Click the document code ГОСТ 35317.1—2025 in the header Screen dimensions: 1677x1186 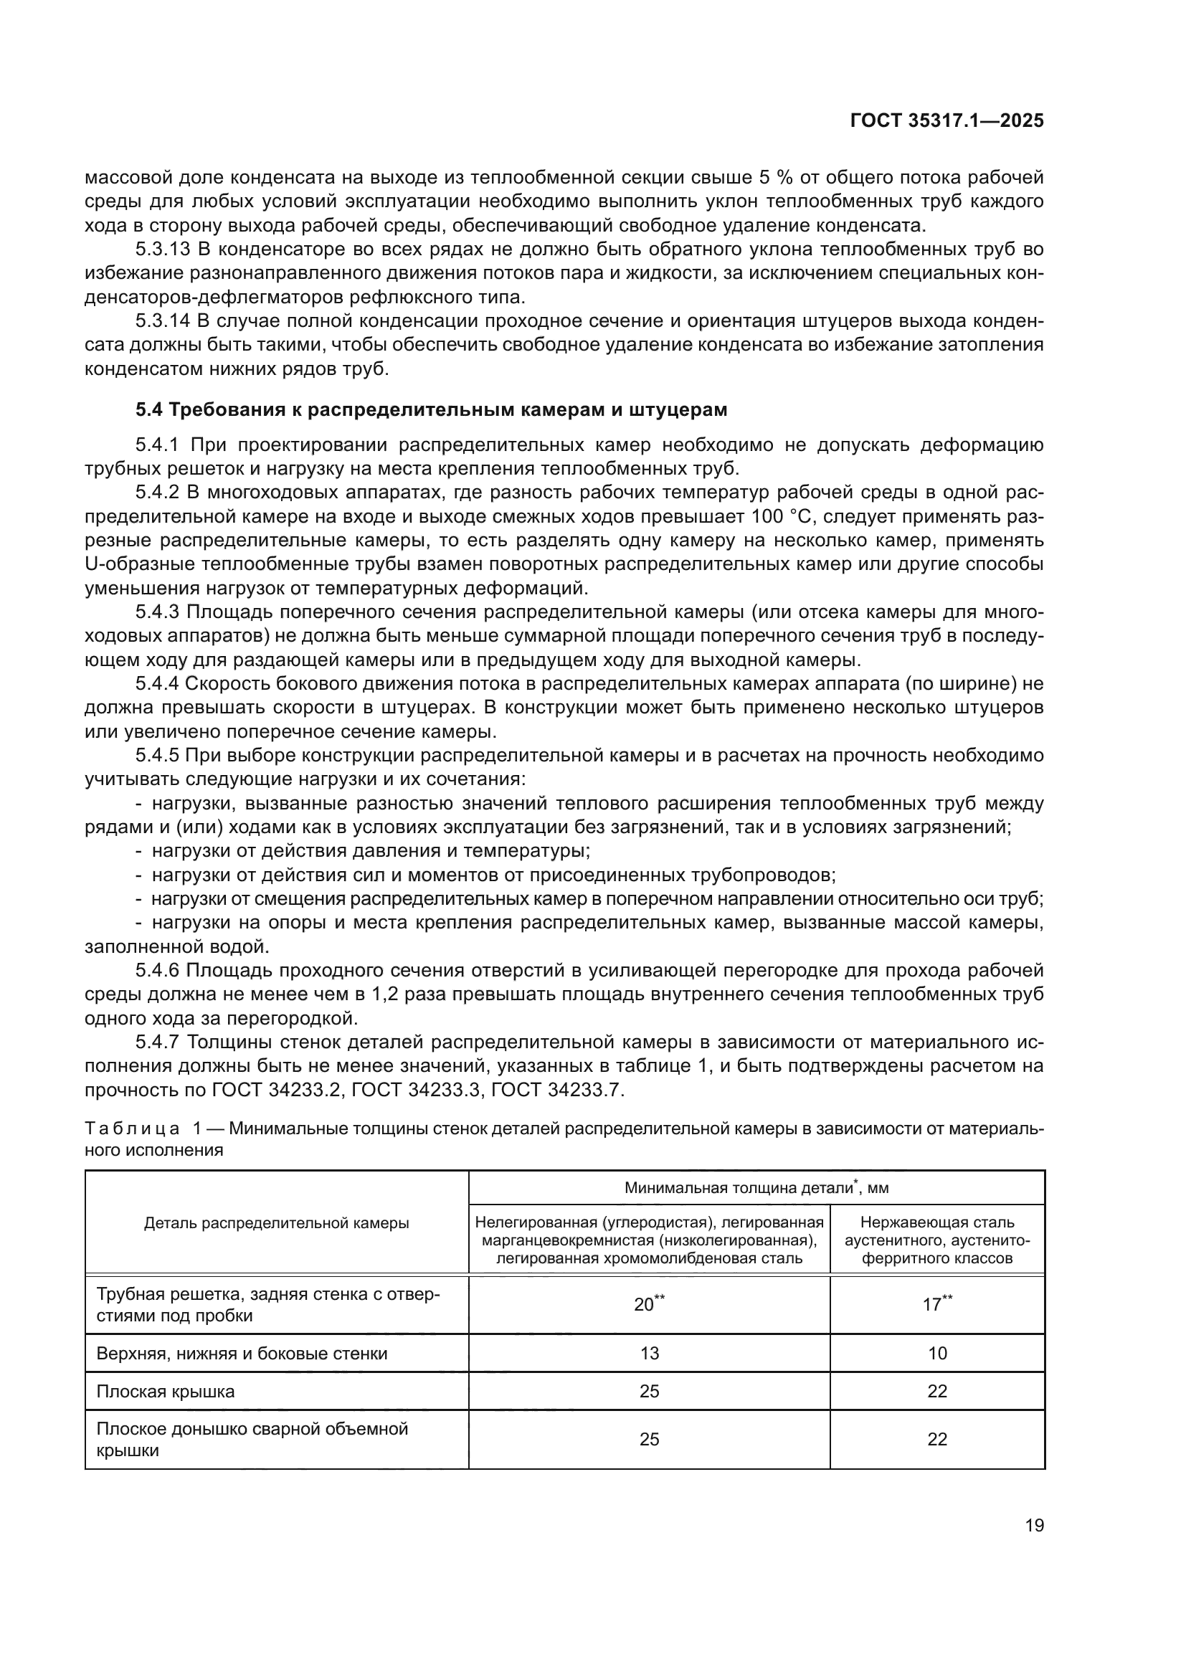(x=947, y=121)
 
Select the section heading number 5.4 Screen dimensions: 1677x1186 (x=149, y=410)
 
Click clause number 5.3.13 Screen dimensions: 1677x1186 (x=163, y=250)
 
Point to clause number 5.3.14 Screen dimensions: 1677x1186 (x=163, y=321)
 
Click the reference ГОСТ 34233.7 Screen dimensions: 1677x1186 (x=557, y=1091)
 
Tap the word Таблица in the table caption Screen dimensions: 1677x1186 (x=132, y=1129)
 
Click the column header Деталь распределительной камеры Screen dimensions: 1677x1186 (x=276, y=1223)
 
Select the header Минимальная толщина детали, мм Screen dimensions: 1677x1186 (x=756, y=1187)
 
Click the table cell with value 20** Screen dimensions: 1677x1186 (x=648, y=1304)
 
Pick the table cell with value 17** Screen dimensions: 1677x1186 (x=937, y=1304)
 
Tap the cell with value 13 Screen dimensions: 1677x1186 (x=648, y=1354)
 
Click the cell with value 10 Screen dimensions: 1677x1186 (x=937, y=1354)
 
